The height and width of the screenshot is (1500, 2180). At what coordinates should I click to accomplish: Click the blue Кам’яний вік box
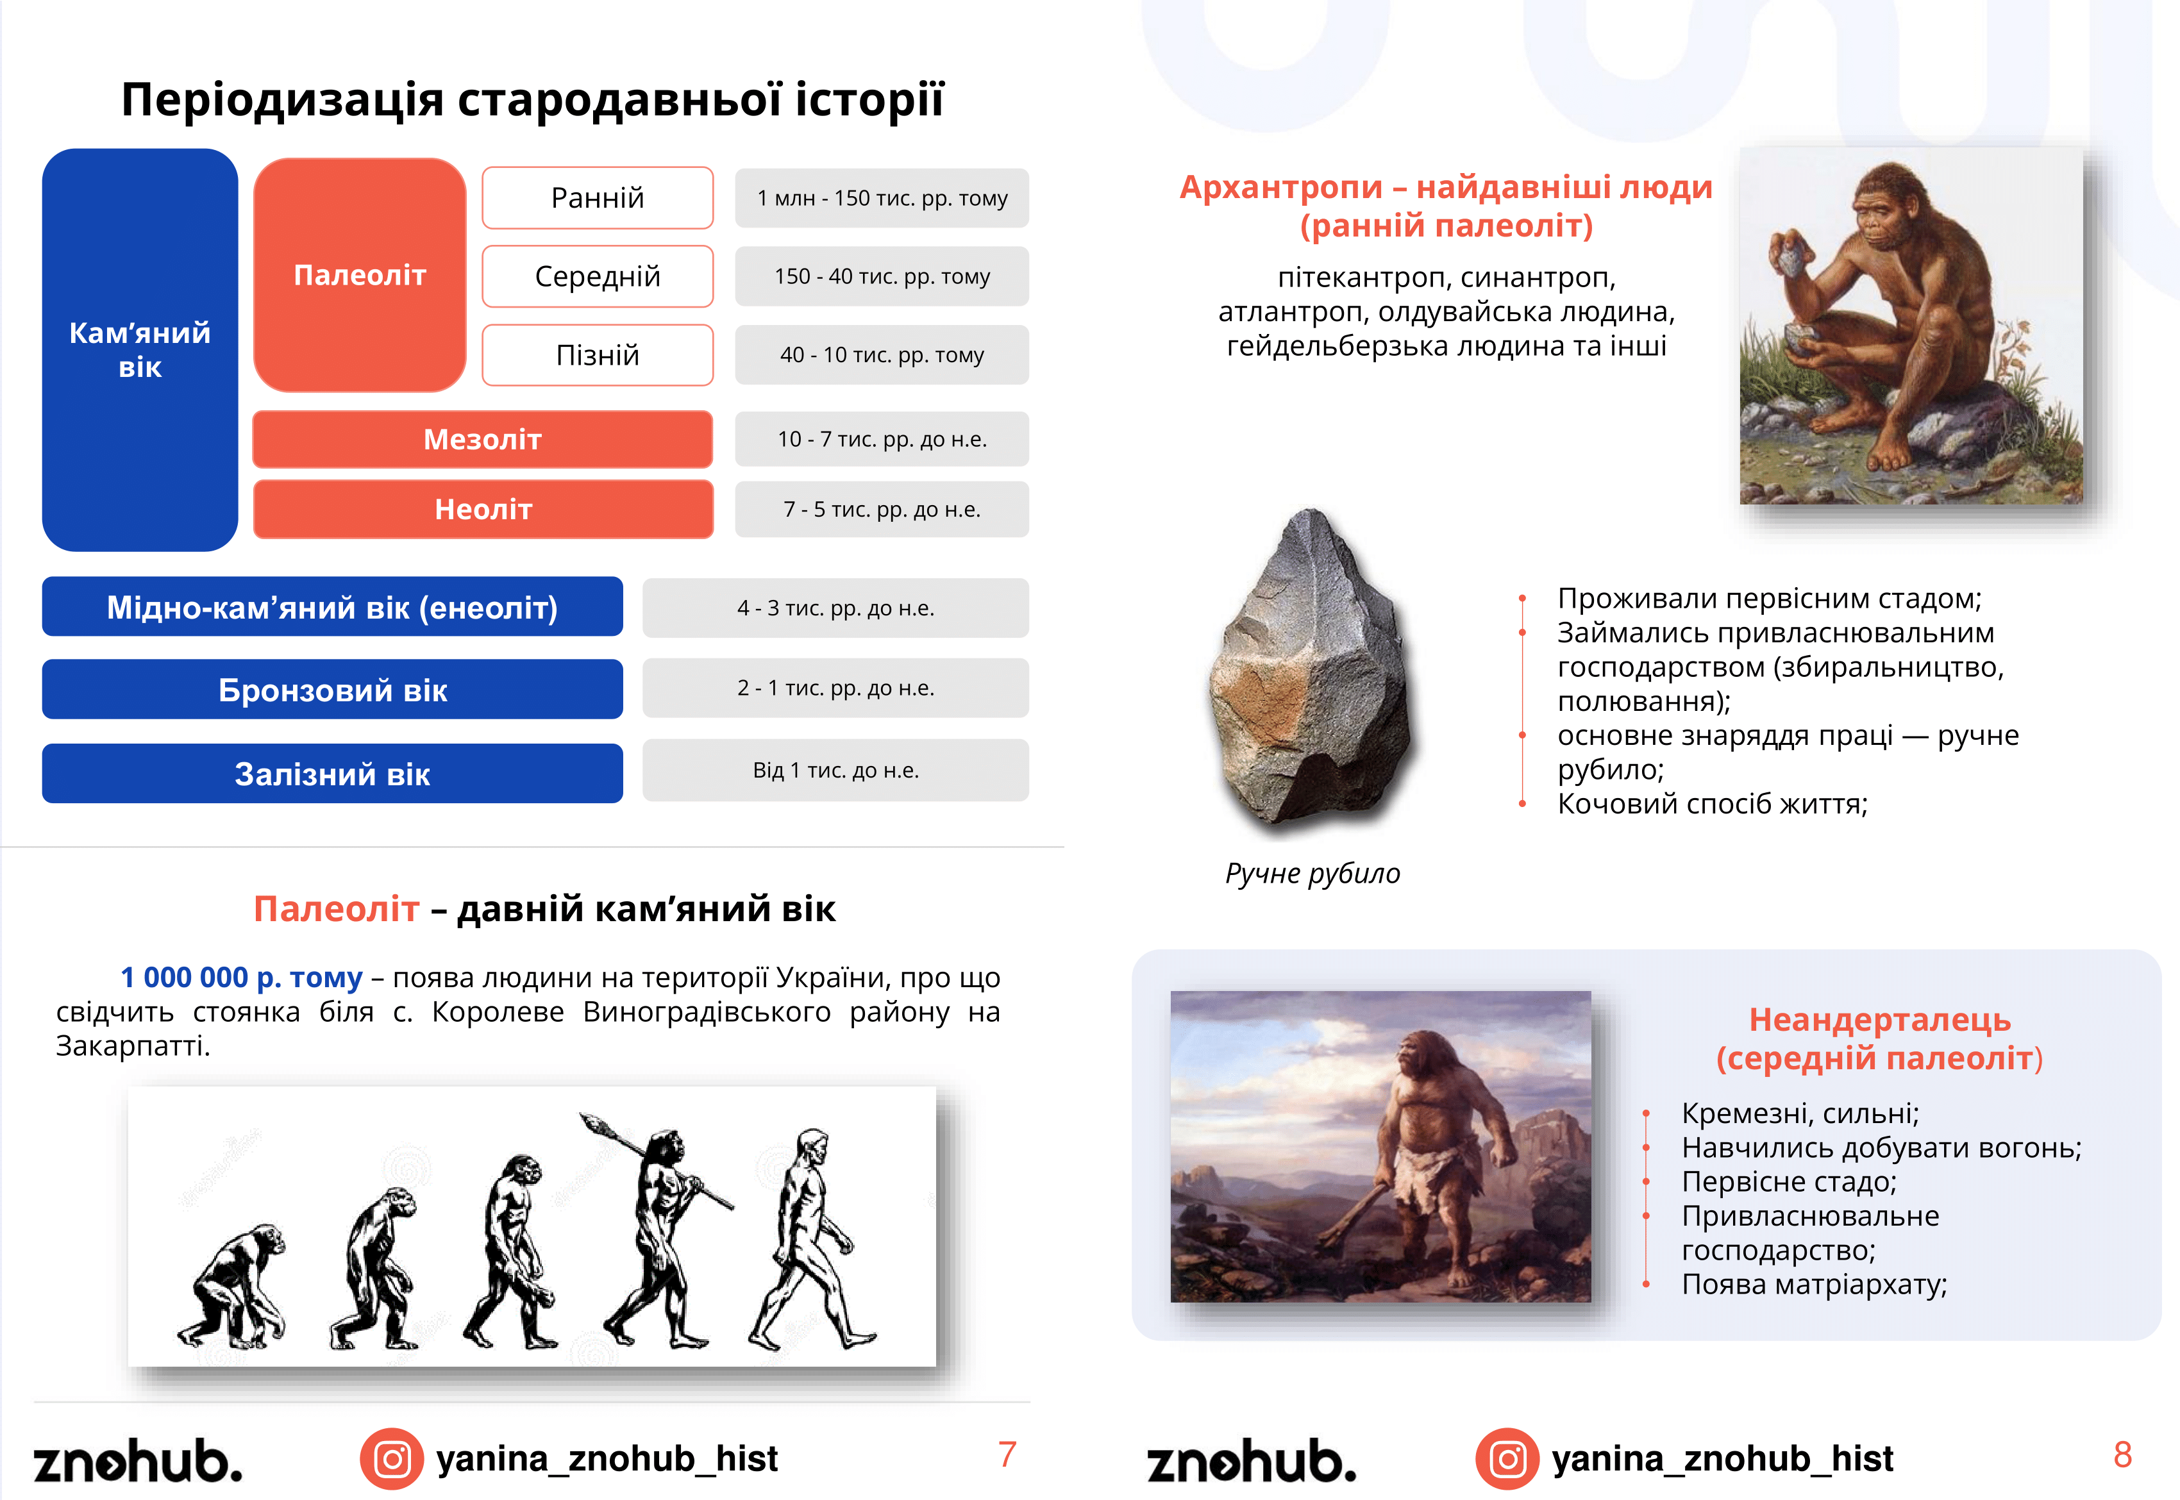(x=140, y=349)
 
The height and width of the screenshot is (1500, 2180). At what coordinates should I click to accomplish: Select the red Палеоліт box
(x=360, y=274)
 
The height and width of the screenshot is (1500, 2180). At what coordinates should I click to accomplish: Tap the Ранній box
(x=598, y=197)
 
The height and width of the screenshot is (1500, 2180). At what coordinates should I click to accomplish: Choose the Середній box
(x=598, y=276)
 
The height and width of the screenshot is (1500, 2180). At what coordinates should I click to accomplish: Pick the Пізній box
(x=598, y=355)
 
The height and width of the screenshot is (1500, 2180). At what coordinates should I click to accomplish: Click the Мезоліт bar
(x=482, y=439)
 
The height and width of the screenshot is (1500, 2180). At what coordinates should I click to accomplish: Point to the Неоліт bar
(x=483, y=510)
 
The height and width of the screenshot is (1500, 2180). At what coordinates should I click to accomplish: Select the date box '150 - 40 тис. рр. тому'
(x=882, y=276)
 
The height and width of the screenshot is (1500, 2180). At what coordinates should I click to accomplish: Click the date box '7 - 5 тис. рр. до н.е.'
(x=882, y=510)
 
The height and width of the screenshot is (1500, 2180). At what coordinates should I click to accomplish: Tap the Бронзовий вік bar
(x=333, y=689)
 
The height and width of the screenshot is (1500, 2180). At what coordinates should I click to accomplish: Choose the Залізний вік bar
(x=333, y=774)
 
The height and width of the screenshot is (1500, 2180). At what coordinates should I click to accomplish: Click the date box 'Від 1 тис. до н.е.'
(x=835, y=770)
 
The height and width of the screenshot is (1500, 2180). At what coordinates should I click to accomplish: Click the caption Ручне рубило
(x=1312, y=873)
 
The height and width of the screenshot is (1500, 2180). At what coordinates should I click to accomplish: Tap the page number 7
(x=1007, y=1455)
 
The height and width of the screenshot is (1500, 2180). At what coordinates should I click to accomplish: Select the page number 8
(x=2122, y=1455)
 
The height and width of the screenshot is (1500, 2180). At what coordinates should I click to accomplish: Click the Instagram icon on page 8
(x=1507, y=1458)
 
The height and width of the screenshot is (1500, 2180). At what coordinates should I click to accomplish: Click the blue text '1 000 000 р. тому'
(x=242, y=978)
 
